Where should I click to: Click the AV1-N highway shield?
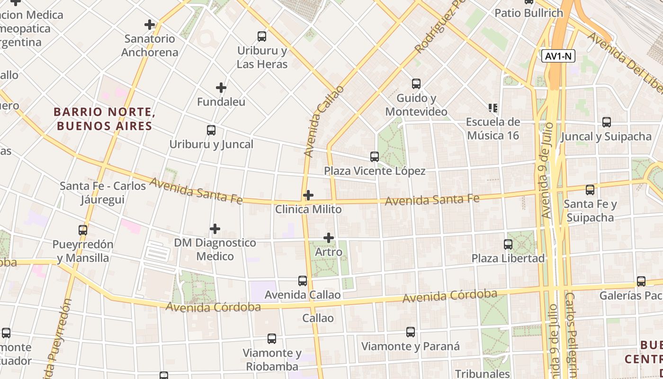558,56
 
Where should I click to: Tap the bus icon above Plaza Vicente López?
375,156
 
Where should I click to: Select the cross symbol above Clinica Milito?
308,195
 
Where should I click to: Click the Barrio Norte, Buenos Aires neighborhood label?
104,119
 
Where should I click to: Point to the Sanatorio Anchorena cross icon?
150,25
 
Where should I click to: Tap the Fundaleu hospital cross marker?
221,88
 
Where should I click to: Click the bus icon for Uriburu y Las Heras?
261,36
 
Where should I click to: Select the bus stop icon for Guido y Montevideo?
416,84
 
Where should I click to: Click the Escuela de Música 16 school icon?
493,108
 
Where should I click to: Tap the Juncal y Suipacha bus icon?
607,122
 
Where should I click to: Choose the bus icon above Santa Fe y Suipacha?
590,190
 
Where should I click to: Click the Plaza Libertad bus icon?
508,244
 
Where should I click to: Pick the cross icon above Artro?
329,237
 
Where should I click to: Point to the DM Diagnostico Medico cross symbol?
215,229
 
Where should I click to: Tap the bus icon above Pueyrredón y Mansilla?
83,230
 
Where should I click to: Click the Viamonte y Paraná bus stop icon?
411,332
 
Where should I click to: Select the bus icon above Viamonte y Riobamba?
272,339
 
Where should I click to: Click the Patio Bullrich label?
529,13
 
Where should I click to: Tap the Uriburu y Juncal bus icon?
211,130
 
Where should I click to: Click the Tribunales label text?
482,373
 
